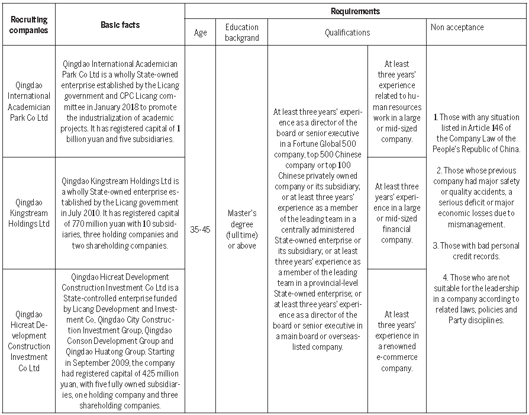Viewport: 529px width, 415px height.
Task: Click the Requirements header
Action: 355,11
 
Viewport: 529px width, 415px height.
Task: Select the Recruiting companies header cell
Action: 29,25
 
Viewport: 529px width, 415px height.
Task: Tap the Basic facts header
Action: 120,25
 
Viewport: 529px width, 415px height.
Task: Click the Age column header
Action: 200,33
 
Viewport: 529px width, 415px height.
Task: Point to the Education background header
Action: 241,33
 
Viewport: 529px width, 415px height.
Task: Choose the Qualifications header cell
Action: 347,33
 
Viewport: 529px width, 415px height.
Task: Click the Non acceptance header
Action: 457,27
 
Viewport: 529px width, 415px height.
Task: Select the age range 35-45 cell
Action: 200,229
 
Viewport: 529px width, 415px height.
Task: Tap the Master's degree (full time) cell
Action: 241,229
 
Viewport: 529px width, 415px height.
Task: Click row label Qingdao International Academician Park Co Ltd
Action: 29,101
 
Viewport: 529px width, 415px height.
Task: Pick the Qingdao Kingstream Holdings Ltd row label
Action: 29,213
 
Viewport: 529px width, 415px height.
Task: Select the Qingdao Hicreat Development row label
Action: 29,340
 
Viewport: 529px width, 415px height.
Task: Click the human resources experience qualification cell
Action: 396,101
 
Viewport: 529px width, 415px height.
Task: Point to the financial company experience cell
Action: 396,213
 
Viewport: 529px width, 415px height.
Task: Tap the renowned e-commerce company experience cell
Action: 396,340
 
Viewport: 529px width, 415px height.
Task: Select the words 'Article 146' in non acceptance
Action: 486,127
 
